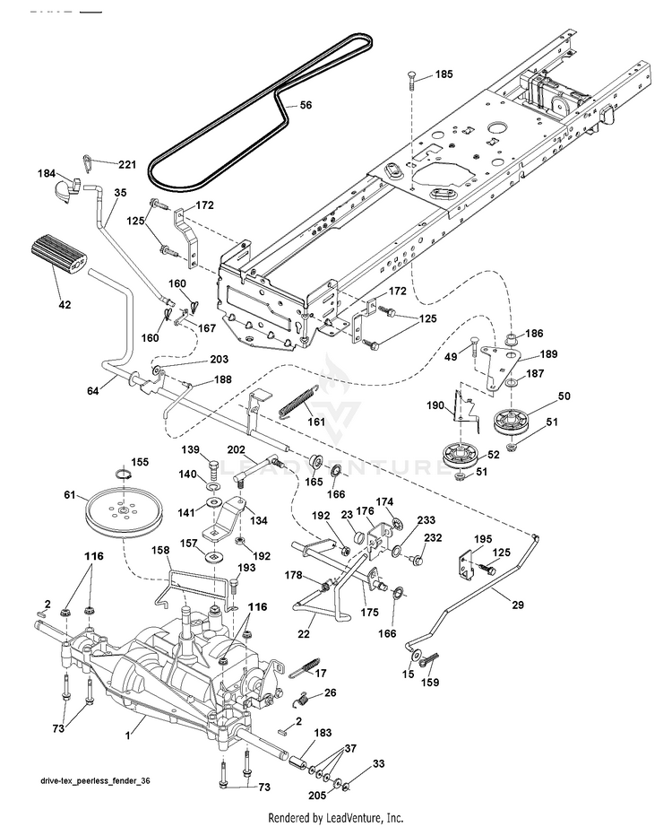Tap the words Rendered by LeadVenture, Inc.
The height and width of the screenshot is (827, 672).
336,817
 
